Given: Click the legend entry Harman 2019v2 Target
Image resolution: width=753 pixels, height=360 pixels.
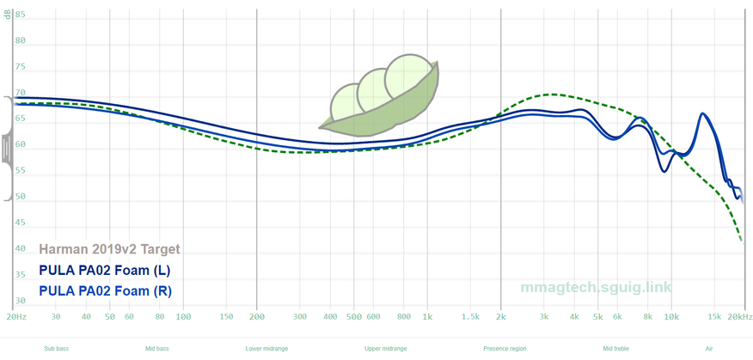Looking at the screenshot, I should click(x=109, y=249).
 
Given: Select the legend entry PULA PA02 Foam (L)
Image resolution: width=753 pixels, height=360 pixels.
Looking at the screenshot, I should click(x=105, y=270).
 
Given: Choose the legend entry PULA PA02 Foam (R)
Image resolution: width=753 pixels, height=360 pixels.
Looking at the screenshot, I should click(x=105, y=290).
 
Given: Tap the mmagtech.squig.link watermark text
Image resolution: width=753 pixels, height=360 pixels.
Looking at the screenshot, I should click(x=596, y=287).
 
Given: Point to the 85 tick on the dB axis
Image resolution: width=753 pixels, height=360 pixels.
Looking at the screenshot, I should click(x=20, y=15).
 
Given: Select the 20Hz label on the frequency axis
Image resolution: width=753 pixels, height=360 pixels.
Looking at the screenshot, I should click(x=15, y=316).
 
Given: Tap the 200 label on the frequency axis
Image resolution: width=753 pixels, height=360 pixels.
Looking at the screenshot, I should click(x=257, y=316).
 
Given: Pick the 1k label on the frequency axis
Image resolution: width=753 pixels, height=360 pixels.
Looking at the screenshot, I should click(x=427, y=316).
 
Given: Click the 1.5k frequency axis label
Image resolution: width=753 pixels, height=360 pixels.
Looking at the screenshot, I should click(x=469, y=316).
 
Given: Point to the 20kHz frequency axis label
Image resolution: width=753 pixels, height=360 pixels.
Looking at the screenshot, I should click(x=739, y=316).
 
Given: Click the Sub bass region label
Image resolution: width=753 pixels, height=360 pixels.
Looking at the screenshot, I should click(x=58, y=349).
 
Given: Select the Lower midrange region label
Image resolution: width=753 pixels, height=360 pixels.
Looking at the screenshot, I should click(x=266, y=349).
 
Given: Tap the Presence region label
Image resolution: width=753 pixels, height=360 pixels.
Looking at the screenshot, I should click(x=505, y=349).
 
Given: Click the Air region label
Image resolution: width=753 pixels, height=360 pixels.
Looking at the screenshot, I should click(x=709, y=349).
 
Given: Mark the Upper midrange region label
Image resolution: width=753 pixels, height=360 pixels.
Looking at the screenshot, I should click(x=385, y=349).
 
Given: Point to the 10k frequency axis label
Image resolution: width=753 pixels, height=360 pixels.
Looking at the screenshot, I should click(x=671, y=316).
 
